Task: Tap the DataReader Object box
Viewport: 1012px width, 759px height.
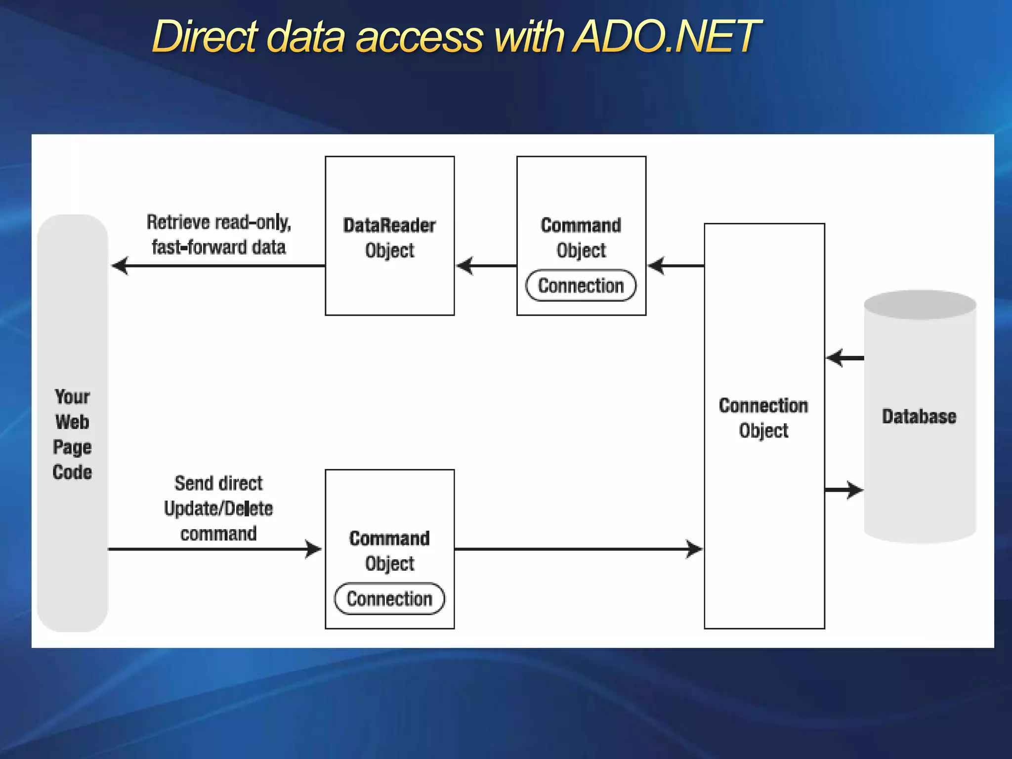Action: tap(389, 236)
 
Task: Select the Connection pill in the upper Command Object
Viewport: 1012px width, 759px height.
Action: tap(581, 286)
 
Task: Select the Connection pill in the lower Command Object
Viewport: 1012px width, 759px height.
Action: tap(389, 598)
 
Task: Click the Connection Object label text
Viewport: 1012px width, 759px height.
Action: tap(763, 418)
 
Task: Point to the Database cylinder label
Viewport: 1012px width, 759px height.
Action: tap(919, 417)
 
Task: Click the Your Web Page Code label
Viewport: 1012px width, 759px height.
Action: tap(72, 434)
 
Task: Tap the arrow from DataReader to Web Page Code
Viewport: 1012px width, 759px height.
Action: tap(217, 266)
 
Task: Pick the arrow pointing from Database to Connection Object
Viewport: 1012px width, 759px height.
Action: tap(844, 358)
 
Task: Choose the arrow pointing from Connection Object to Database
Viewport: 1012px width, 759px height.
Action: tap(844, 490)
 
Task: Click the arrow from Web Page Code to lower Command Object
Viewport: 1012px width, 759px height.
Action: tap(215, 549)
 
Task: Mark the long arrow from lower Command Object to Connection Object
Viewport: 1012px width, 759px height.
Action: tap(578, 549)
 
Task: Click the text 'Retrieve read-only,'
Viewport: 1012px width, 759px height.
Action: tap(219, 222)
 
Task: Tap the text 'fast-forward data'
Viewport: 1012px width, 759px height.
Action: tap(219, 247)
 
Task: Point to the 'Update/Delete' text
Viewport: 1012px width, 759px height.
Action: tap(218, 508)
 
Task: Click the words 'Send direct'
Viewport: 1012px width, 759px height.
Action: tap(218, 483)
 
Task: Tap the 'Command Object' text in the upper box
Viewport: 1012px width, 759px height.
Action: tap(581, 238)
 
